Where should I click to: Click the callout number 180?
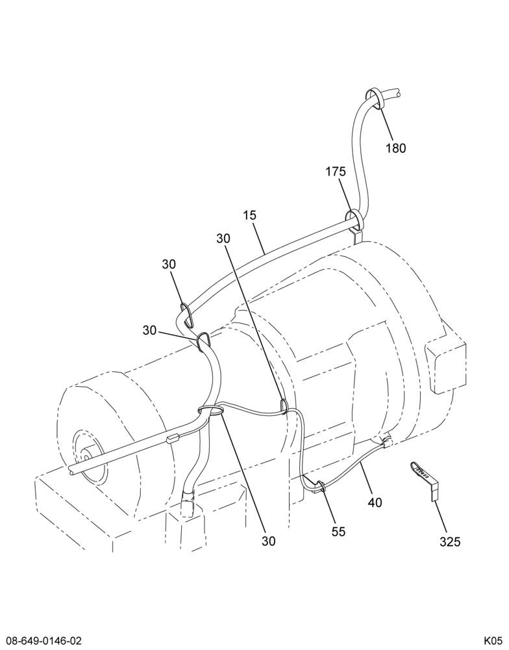coord(396,148)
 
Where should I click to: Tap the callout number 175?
coord(336,172)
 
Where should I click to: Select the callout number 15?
coord(250,215)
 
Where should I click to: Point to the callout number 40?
coord(375,502)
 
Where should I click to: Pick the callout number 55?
coord(338,532)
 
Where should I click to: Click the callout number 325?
coord(450,541)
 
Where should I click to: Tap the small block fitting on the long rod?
coord(171,439)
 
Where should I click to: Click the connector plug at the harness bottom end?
coord(188,503)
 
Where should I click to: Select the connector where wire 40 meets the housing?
coord(388,443)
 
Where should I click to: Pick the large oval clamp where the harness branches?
coord(211,410)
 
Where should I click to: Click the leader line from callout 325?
coord(441,517)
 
